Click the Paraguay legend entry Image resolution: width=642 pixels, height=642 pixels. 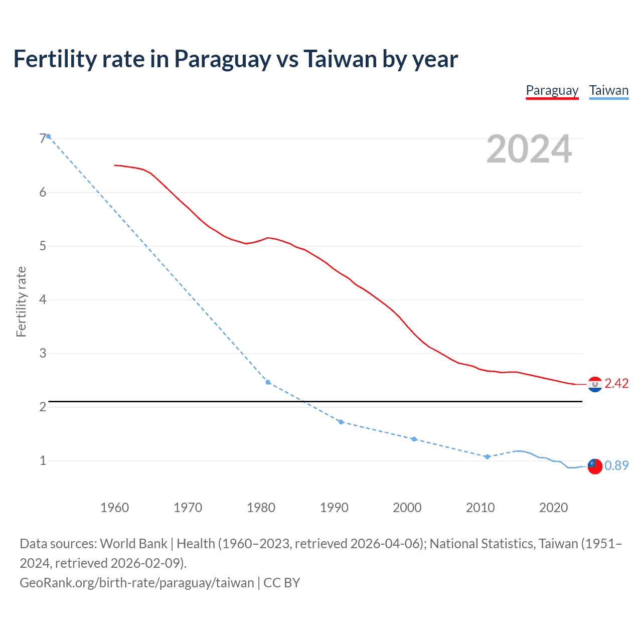(552, 91)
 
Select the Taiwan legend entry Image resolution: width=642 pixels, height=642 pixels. (608, 91)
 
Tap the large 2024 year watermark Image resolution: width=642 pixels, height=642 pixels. (529, 149)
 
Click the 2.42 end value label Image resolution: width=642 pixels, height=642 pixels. (616, 384)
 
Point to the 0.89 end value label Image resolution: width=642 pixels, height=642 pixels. (616, 466)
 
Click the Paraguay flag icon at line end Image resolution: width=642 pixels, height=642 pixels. (595, 384)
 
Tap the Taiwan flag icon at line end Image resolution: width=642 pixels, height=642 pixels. (595, 466)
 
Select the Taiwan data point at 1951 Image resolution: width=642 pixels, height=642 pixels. (49, 136)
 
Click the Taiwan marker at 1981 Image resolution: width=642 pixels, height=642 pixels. (268, 382)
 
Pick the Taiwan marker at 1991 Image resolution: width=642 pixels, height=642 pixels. (341, 422)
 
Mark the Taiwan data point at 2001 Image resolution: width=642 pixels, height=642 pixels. (414, 439)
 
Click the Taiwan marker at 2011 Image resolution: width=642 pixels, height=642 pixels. (487, 456)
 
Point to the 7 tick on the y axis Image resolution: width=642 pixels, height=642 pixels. (43, 139)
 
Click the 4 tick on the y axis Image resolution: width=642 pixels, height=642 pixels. (43, 300)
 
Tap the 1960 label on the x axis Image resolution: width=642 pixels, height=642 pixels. (114, 508)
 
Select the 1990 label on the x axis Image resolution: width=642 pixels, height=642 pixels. (334, 508)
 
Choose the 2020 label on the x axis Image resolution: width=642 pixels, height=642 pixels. (553, 508)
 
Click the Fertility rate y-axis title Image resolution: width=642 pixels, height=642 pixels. (21, 302)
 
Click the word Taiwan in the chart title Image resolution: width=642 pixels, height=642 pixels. (340, 59)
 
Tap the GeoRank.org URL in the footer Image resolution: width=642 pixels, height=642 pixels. (136, 583)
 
